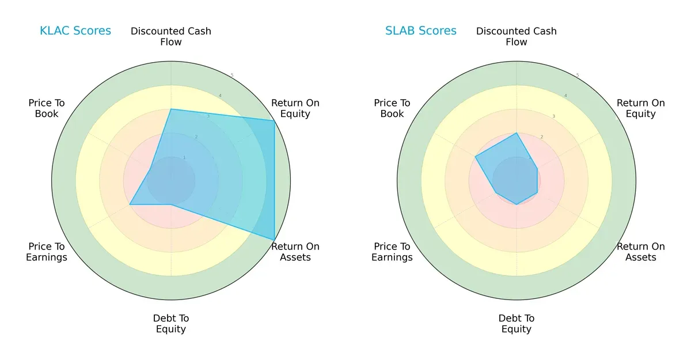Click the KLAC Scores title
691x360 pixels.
coord(75,31)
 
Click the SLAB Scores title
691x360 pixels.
coord(421,31)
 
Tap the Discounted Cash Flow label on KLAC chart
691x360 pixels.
coord(171,36)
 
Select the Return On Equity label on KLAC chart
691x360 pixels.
coord(295,108)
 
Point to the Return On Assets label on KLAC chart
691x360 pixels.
coord(295,252)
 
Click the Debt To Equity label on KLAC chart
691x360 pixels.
coord(171,324)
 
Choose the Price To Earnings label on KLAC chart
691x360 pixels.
coord(47,252)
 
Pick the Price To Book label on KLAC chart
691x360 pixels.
coord(47,108)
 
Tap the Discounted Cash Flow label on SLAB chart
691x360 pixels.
coord(517,36)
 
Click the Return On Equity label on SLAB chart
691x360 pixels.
coord(641,108)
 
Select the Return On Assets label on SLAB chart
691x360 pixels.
coord(641,252)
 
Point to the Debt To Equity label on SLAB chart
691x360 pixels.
coord(517,324)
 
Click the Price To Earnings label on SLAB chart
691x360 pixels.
coord(392,252)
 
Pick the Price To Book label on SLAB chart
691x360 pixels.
coord(392,108)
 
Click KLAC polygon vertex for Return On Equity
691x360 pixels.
coord(274,120)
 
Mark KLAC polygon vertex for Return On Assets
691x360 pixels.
coord(274,240)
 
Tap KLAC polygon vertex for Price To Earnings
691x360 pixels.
coord(130,204)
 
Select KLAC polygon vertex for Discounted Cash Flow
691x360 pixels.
coord(171,109)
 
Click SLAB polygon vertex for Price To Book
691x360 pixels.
coord(476,157)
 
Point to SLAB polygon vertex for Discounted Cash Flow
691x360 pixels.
coord(517,133)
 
